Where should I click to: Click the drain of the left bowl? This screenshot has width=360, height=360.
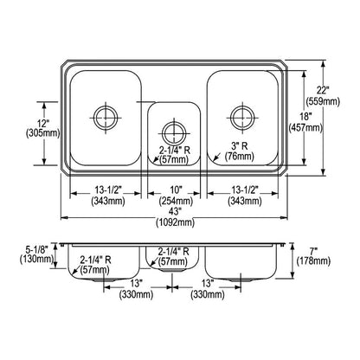coord(106,118)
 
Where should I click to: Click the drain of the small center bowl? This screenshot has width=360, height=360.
coord(174,134)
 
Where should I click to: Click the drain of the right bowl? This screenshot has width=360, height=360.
coord(242,118)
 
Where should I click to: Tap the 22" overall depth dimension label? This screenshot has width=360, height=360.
coord(323,90)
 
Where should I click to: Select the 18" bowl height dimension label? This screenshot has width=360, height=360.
coord(305,117)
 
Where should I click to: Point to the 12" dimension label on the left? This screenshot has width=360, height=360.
coord(42,124)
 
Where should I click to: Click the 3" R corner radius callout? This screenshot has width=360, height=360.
coord(240,146)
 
